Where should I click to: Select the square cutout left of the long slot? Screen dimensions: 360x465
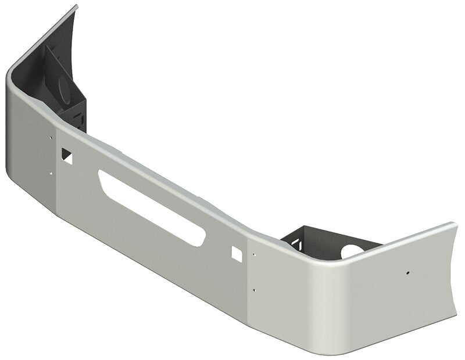(x=66, y=155)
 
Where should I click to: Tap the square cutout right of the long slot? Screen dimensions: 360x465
(x=237, y=252)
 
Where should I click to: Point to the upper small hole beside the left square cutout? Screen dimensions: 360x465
(x=51, y=138)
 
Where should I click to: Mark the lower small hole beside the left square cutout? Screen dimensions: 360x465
(x=51, y=172)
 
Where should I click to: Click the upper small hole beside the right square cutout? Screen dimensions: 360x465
(x=253, y=253)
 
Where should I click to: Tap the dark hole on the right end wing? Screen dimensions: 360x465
(x=408, y=272)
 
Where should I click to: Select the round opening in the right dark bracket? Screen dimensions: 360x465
(x=351, y=251)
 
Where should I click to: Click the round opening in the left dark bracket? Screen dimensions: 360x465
(x=64, y=87)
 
